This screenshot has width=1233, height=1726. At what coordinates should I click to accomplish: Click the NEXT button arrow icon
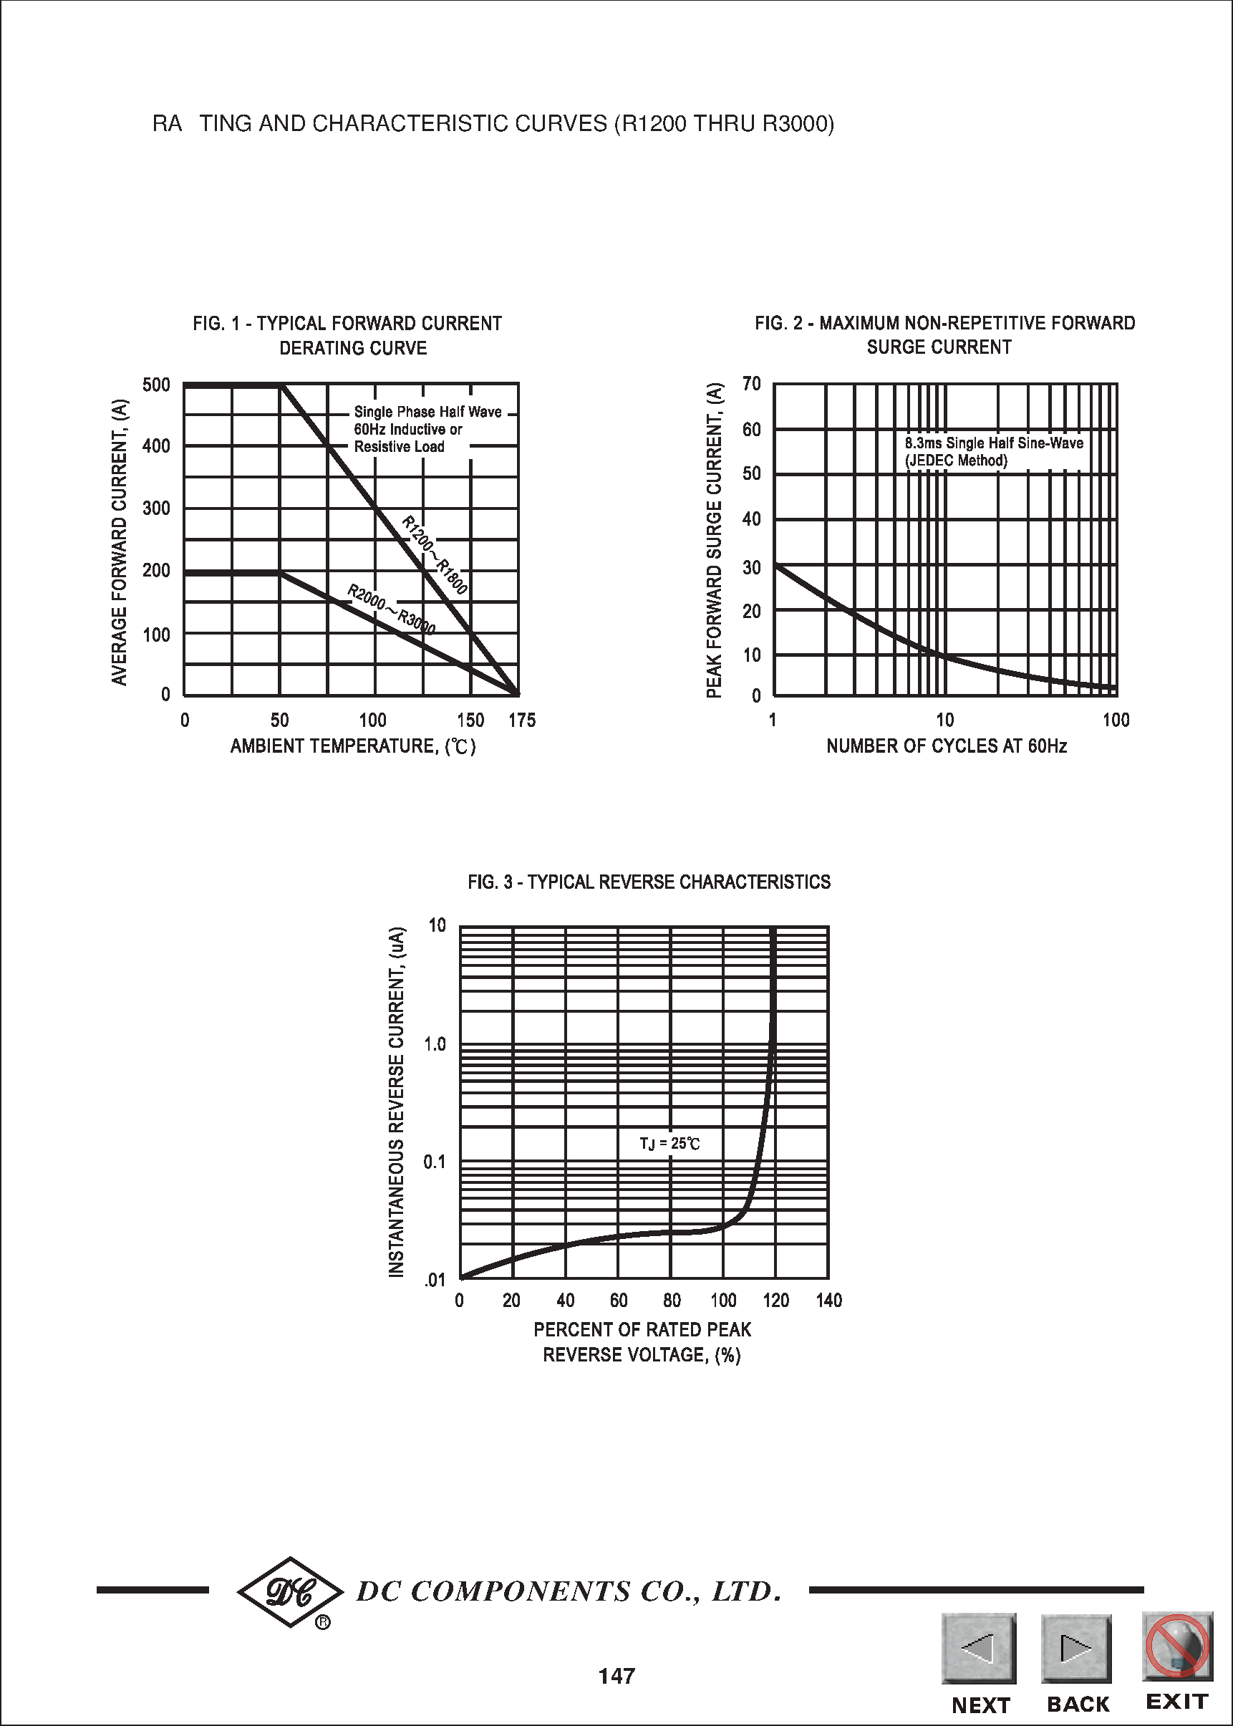click(979, 1649)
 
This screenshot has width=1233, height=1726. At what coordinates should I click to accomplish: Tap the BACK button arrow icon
click(1076, 1649)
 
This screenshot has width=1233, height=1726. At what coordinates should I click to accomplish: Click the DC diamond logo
click(290, 1592)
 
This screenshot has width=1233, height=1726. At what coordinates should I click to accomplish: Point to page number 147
click(616, 1677)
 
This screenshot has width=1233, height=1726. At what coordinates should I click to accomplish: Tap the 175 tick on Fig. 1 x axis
click(521, 720)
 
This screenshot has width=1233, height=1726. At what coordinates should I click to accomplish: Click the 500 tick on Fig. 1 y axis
click(156, 385)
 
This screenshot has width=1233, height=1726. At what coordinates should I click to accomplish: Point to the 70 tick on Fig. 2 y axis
click(751, 383)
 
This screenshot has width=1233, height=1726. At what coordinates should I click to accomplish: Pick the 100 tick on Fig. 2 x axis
click(1116, 720)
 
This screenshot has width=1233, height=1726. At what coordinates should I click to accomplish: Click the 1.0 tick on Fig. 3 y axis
click(435, 1044)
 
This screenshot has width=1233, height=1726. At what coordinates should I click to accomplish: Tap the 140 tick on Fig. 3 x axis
click(829, 1301)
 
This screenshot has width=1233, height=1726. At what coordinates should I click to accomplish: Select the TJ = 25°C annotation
click(669, 1144)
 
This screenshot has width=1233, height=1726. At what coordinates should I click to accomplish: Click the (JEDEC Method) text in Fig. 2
click(956, 461)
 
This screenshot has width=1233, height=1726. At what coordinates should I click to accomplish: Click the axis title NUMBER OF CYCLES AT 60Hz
click(946, 746)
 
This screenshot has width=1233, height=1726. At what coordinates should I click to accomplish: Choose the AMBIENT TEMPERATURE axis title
click(353, 746)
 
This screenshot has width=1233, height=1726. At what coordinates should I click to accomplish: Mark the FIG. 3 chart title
click(649, 882)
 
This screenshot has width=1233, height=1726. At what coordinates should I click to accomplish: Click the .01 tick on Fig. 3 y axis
click(435, 1281)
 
